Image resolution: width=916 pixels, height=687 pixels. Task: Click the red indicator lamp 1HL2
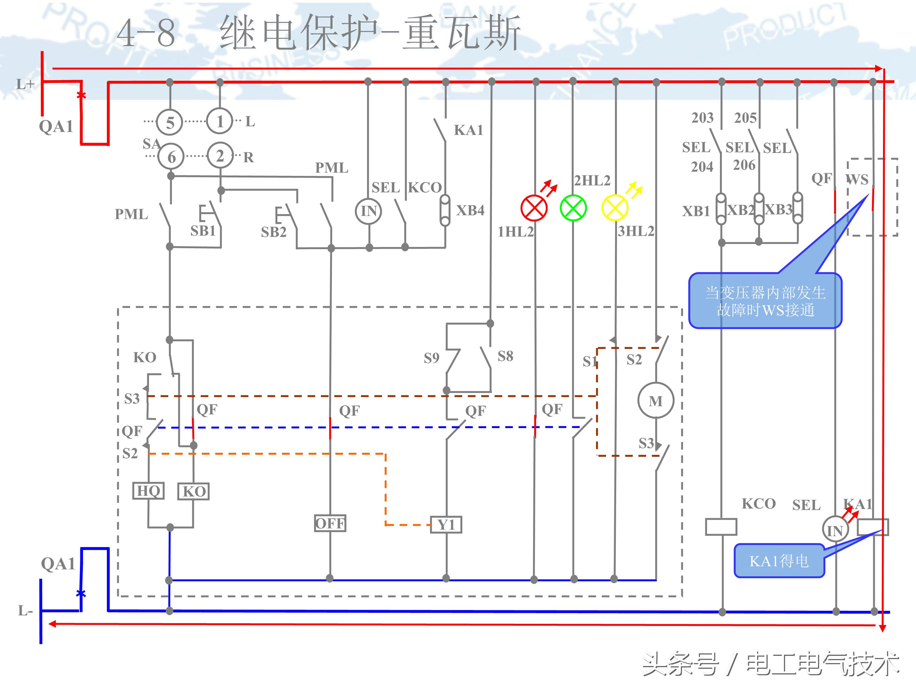tap(534, 208)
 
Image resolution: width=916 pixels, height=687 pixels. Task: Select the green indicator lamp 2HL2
tap(573, 208)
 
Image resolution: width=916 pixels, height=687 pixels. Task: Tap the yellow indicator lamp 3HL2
tap(615, 208)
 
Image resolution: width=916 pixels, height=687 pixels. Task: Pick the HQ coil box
tap(148, 491)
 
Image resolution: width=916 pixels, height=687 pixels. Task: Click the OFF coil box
tap(330, 523)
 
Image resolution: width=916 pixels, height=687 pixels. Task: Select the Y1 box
tap(446, 525)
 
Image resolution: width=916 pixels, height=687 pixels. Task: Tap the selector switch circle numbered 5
tap(170, 122)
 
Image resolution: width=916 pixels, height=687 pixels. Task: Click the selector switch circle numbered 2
tap(220, 156)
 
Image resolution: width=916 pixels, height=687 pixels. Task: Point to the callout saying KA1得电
tap(779, 561)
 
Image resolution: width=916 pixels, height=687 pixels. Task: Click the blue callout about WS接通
tap(765, 301)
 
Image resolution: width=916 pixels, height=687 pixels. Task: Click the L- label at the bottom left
tap(25, 610)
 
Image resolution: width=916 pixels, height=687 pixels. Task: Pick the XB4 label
tap(470, 210)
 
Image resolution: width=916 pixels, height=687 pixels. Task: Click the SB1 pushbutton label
tap(203, 231)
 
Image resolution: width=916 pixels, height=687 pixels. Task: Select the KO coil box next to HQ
tap(193, 492)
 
